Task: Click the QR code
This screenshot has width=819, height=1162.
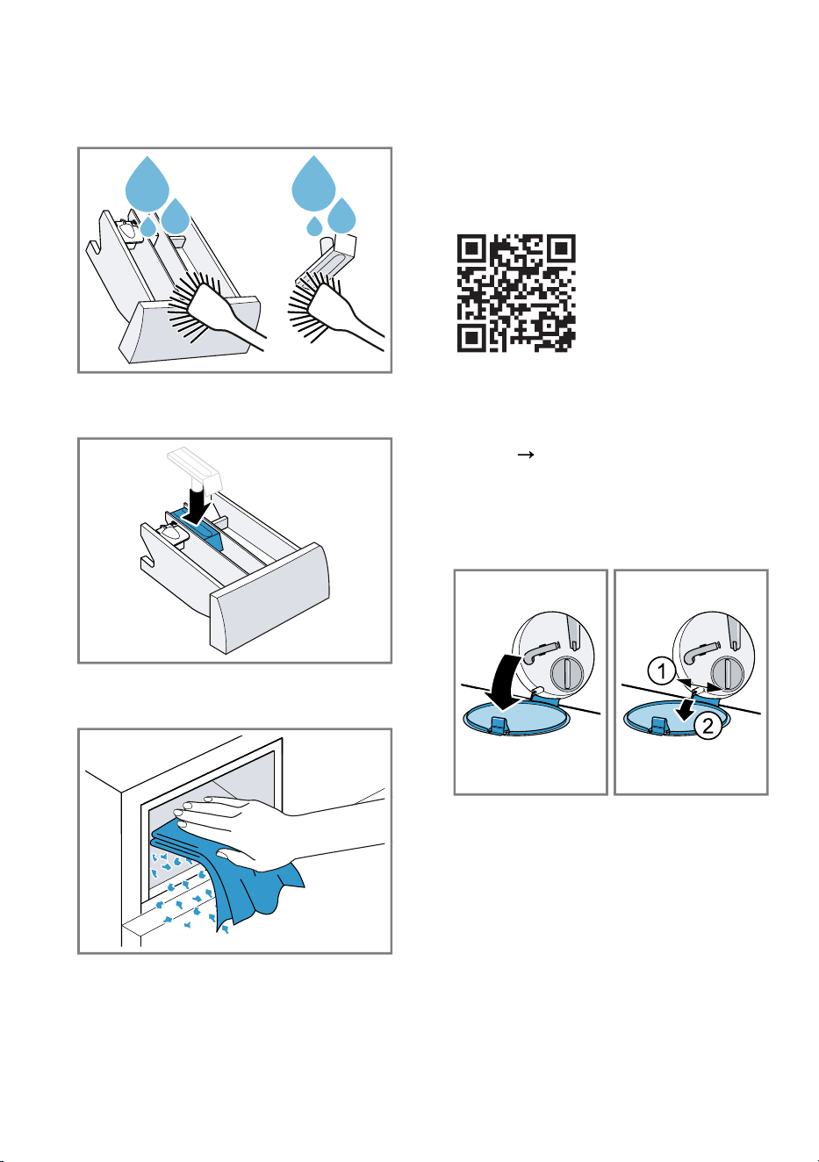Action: tap(516, 293)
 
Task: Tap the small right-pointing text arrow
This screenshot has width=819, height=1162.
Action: tap(526, 455)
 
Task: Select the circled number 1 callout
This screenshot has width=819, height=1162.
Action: tap(662, 671)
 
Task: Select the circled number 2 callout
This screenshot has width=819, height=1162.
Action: tap(708, 725)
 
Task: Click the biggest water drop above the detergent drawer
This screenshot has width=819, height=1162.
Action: tap(147, 184)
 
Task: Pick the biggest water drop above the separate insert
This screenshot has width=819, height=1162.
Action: tap(313, 184)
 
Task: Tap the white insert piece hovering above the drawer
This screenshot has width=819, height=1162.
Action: tap(196, 470)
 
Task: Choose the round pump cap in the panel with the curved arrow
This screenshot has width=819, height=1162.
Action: tap(567, 674)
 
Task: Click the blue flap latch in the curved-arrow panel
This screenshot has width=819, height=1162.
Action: tap(499, 725)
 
